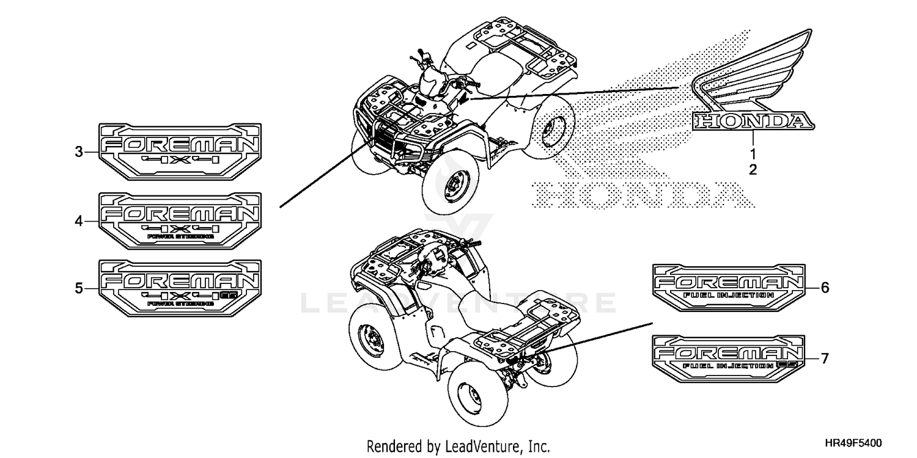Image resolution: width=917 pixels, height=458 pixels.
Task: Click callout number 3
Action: point(79,152)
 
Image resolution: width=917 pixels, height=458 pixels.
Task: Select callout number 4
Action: point(79,222)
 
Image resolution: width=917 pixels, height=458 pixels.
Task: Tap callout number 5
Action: point(79,288)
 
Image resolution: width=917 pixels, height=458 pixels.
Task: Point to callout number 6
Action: point(825,288)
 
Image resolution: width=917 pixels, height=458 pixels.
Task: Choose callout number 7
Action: point(825,358)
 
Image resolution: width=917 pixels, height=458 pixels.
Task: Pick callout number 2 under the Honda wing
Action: point(753,170)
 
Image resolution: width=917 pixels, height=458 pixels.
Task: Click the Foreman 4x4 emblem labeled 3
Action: point(180,151)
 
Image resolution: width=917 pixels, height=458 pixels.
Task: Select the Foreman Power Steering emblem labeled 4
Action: point(180,220)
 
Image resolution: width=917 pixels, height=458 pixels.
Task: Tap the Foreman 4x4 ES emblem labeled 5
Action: point(180,288)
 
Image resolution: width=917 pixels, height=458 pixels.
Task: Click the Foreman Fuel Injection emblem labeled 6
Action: point(727,288)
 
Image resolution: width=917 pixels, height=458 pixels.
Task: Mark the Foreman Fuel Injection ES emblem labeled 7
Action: point(727,358)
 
